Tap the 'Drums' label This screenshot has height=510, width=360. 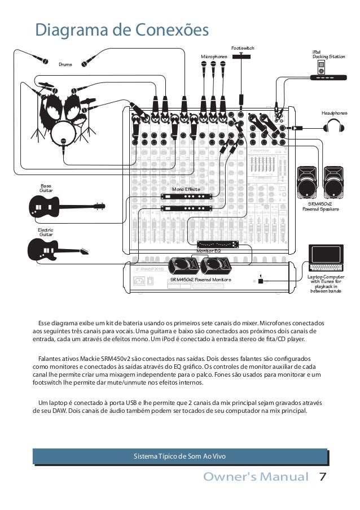coord(65,64)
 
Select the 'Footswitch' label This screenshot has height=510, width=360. coord(243,49)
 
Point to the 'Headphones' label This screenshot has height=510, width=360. coord(334,114)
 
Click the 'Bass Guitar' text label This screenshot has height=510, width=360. coord(46,188)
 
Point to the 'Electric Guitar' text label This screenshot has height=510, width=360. coord(45,232)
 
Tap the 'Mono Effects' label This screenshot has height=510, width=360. coord(186,190)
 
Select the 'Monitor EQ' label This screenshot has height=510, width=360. coord(208,250)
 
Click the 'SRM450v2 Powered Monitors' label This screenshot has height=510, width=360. coord(200,280)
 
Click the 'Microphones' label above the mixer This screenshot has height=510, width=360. coord(214,57)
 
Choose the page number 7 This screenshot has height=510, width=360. coord(323,477)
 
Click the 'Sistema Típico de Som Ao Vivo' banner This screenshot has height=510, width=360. coord(179,456)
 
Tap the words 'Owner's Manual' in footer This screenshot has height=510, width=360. coord(256,477)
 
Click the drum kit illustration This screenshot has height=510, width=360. coord(62,113)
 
